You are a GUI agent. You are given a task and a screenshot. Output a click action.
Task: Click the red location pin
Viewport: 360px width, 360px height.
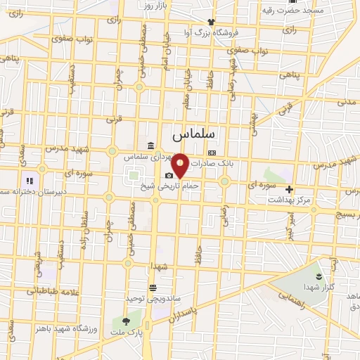pyautogui.click(x=181, y=165)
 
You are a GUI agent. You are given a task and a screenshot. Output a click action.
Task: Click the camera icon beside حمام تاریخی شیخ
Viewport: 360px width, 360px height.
pyautogui.click(x=169, y=176)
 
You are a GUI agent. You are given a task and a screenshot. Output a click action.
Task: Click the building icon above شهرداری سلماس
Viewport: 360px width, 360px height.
pyautogui.click(x=151, y=146)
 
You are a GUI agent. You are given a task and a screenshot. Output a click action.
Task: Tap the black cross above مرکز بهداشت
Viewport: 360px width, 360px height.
pyautogui.click(x=289, y=188)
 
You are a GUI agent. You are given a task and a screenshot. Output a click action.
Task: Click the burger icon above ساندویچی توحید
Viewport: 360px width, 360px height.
pyautogui.click(x=153, y=288)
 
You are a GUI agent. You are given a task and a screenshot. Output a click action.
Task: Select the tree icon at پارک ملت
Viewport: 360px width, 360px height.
pyautogui.click(x=116, y=322)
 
